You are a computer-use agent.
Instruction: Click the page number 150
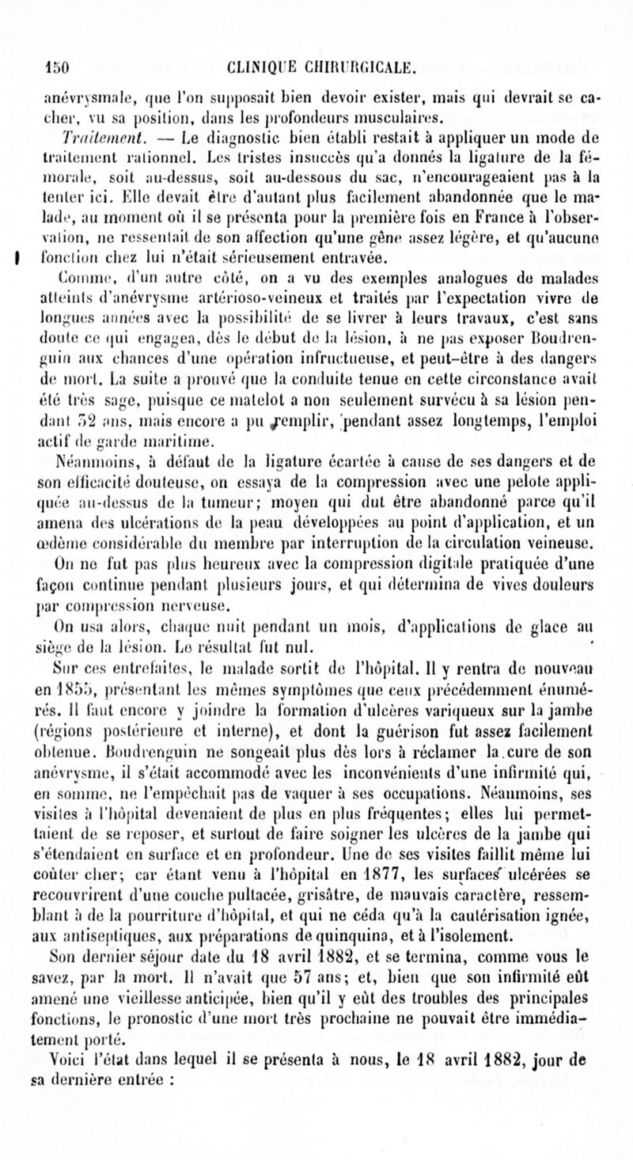pyautogui.click(x=59, y=68)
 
